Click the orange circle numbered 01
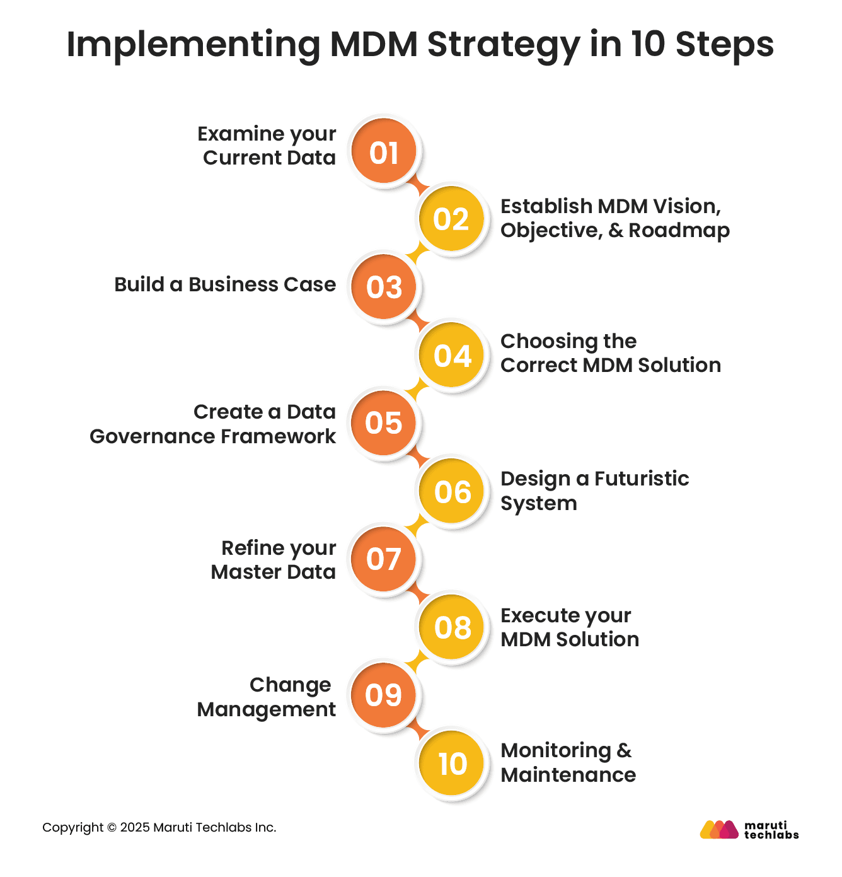(384, 151)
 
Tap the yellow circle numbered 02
(451, 219)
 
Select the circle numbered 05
(384, 423)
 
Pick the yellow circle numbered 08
(453, 627)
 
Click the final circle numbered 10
(453, 764)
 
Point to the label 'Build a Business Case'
(225, 284)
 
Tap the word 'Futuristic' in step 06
(642, 479)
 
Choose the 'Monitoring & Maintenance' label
(568, 763)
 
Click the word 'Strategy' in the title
(503, 45)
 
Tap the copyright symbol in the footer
(112, 827)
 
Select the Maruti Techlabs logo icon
(718, 829)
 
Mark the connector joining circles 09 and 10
(417, 730)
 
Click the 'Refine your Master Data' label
(274, 560)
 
